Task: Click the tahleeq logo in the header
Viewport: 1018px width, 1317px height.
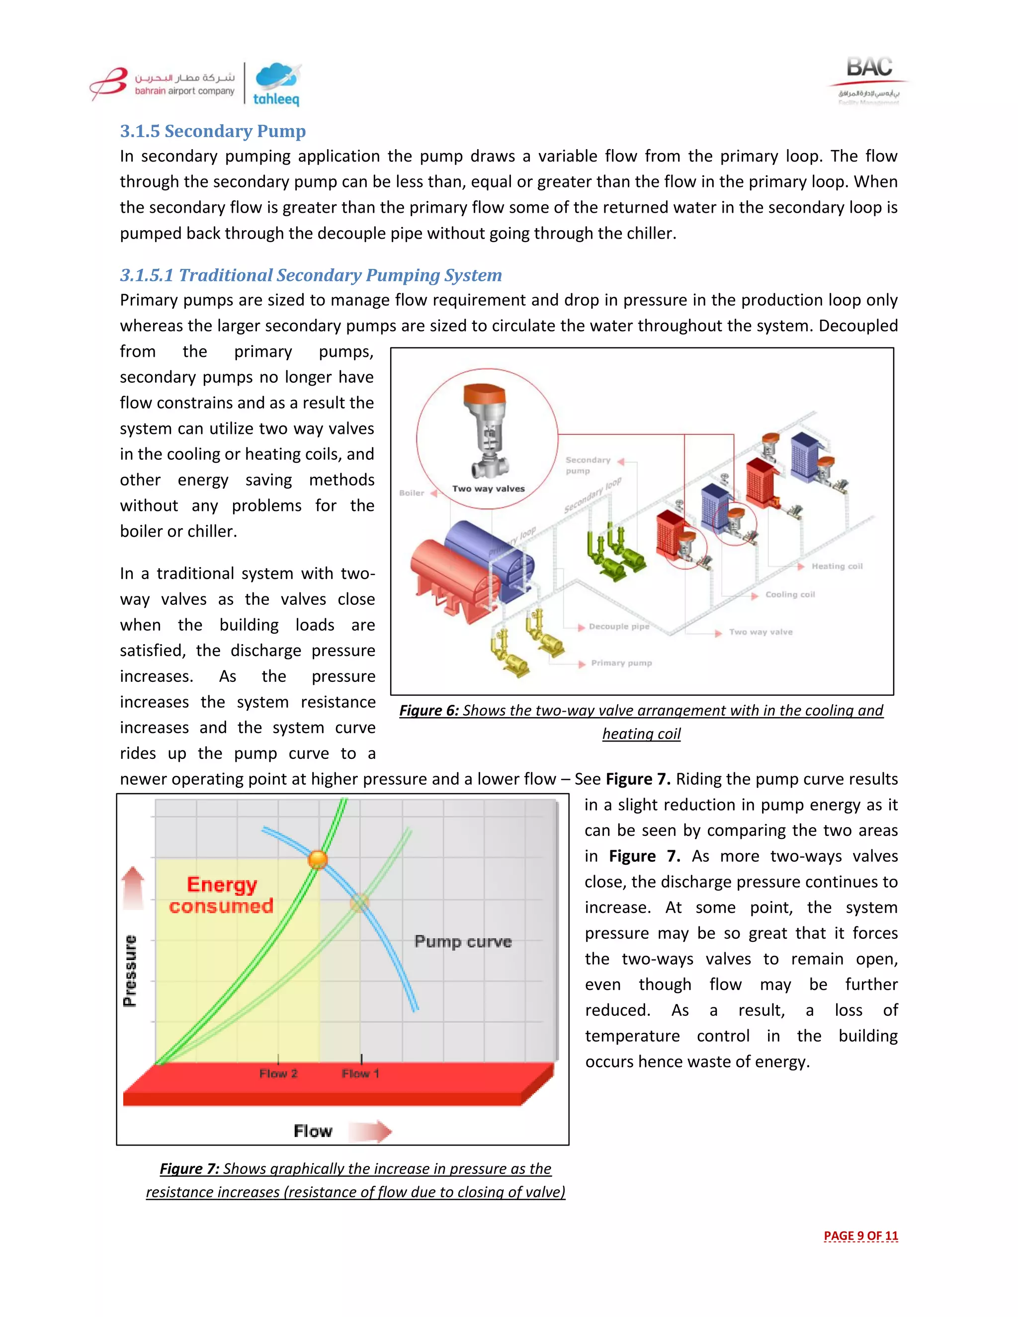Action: coord(277,84)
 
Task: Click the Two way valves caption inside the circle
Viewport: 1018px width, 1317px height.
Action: coord(489,489)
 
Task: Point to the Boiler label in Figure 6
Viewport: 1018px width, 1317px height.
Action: coord(412,493)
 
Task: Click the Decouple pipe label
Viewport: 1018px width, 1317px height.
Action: coord(619,627)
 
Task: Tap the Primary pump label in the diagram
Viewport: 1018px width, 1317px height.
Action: coord(621,662)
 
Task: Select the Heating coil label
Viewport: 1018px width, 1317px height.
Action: coord(837,566)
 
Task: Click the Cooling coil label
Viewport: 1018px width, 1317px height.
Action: coord(790,594)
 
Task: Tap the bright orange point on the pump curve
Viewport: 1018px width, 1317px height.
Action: coord(318,859)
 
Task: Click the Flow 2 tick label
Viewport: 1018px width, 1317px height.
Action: coord(278,1073)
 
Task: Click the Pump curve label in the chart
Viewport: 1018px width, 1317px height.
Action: coord(463,942)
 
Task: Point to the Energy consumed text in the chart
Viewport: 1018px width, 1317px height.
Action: coord(221,895)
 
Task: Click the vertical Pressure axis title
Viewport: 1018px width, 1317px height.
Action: coord(130,971)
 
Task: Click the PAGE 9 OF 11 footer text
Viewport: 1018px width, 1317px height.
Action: coord(860,1235)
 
